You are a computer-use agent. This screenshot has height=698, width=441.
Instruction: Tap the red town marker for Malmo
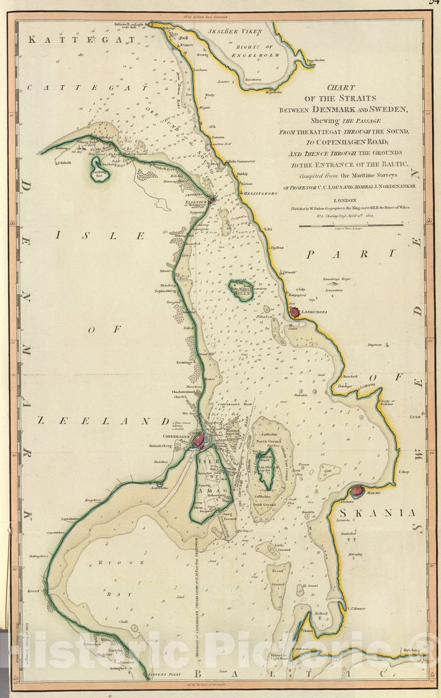click(x=357, y=491)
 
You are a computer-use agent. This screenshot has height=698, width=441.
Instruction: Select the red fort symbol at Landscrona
click(x=295, y=312)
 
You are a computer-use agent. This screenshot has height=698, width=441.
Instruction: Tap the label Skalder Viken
click(x=235, y=31)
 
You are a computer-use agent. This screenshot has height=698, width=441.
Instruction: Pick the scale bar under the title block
click(x=351, y=226)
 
